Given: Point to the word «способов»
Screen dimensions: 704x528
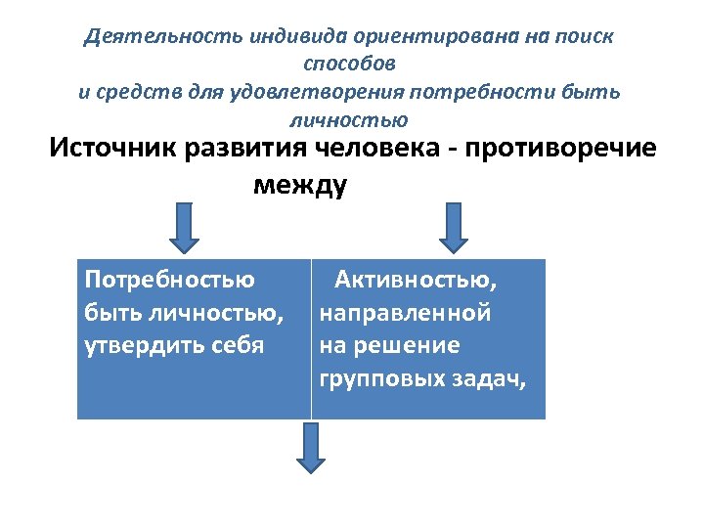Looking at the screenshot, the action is point(350,65).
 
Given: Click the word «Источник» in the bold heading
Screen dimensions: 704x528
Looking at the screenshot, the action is point(120,149).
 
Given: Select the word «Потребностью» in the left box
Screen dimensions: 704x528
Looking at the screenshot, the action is point(170,281).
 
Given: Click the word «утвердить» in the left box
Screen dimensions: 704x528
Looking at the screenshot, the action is point(144,346).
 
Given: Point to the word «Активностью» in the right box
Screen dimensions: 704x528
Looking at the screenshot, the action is point(415,281).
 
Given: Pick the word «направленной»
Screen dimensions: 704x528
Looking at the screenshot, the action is point(405,314).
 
